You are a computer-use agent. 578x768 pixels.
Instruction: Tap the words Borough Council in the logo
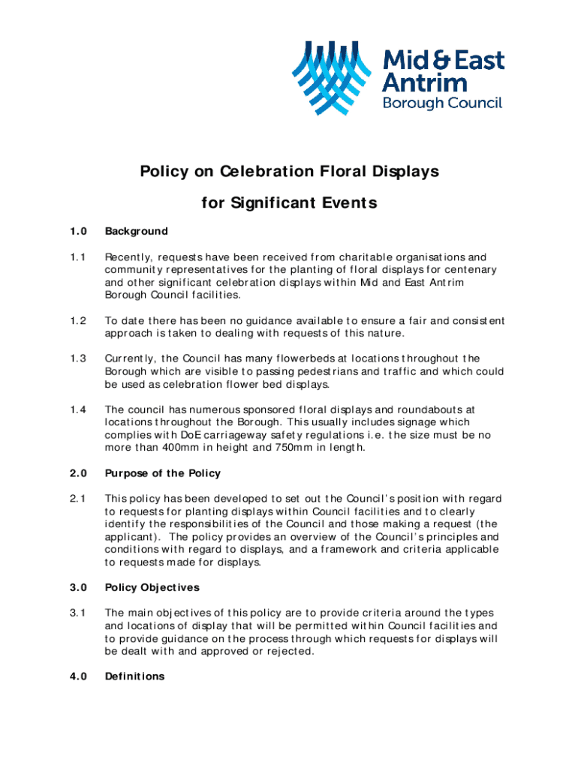[442, 103]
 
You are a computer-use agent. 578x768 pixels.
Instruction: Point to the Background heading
[137, 231]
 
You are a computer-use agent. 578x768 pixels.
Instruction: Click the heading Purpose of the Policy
[163, 473]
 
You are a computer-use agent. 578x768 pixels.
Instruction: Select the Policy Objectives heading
[152, 587]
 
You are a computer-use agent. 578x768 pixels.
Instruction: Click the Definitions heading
[134, 676]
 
